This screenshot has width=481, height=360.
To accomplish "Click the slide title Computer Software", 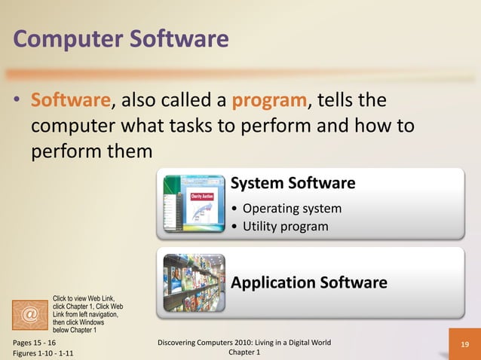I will tap(121, 38).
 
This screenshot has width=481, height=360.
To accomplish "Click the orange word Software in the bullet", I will tap(71, 100).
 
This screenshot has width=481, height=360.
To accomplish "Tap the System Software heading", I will tap(293, 183).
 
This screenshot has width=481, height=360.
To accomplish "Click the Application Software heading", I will tap(309, 282).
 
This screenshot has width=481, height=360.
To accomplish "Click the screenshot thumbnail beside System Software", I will tap(194, 205).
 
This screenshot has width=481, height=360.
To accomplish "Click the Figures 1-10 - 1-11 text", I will tap(43, 353).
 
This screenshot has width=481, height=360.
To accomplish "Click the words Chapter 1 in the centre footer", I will tap(243, 353).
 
